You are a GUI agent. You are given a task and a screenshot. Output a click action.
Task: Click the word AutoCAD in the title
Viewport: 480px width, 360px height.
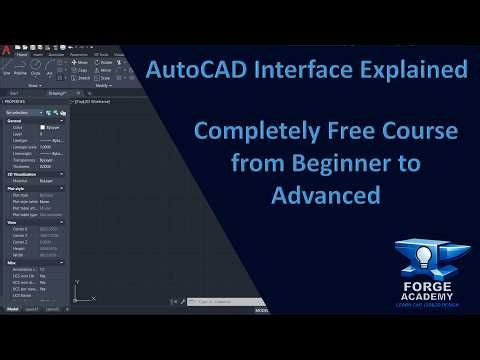coord(185,71)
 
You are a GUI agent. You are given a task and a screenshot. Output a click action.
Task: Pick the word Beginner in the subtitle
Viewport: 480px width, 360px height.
coord(335,164)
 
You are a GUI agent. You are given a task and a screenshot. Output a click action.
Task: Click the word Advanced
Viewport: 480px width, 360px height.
coord(330,195)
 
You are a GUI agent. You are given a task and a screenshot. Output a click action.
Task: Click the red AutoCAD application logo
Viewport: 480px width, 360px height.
coord(6,45)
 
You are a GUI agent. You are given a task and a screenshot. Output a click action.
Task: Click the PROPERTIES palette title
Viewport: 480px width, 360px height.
coord(15,101)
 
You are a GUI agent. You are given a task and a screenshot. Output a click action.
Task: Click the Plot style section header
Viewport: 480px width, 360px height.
coord(15,187)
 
